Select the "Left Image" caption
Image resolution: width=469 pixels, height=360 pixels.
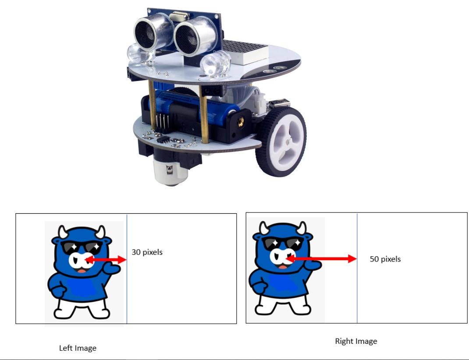point(78,348)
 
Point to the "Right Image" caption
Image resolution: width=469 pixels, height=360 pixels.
point(356,341)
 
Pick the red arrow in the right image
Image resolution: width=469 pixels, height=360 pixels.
point(322,259)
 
